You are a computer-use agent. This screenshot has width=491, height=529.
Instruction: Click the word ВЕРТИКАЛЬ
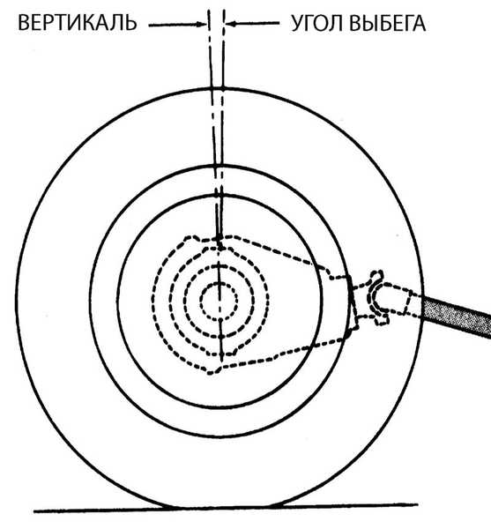[x=78, y=23]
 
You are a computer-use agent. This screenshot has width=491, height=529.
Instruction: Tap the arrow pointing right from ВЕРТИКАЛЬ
[x=178, y=25]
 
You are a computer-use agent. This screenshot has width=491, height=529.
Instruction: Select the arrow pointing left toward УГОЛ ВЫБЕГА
[x=253, y=24]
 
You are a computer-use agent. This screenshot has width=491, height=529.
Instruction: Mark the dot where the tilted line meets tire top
[x=212, y=89]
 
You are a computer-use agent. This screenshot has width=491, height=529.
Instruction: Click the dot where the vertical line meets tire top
[x=223, y=88]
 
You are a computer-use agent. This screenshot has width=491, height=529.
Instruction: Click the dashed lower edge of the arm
[x=283, y=353]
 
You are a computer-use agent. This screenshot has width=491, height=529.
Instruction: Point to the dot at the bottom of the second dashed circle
[x=221, y=337]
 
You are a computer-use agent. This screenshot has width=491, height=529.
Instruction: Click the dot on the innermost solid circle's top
[x=219, y=195]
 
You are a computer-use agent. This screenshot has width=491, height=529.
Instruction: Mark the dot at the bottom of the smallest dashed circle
[x=219, y=320]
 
